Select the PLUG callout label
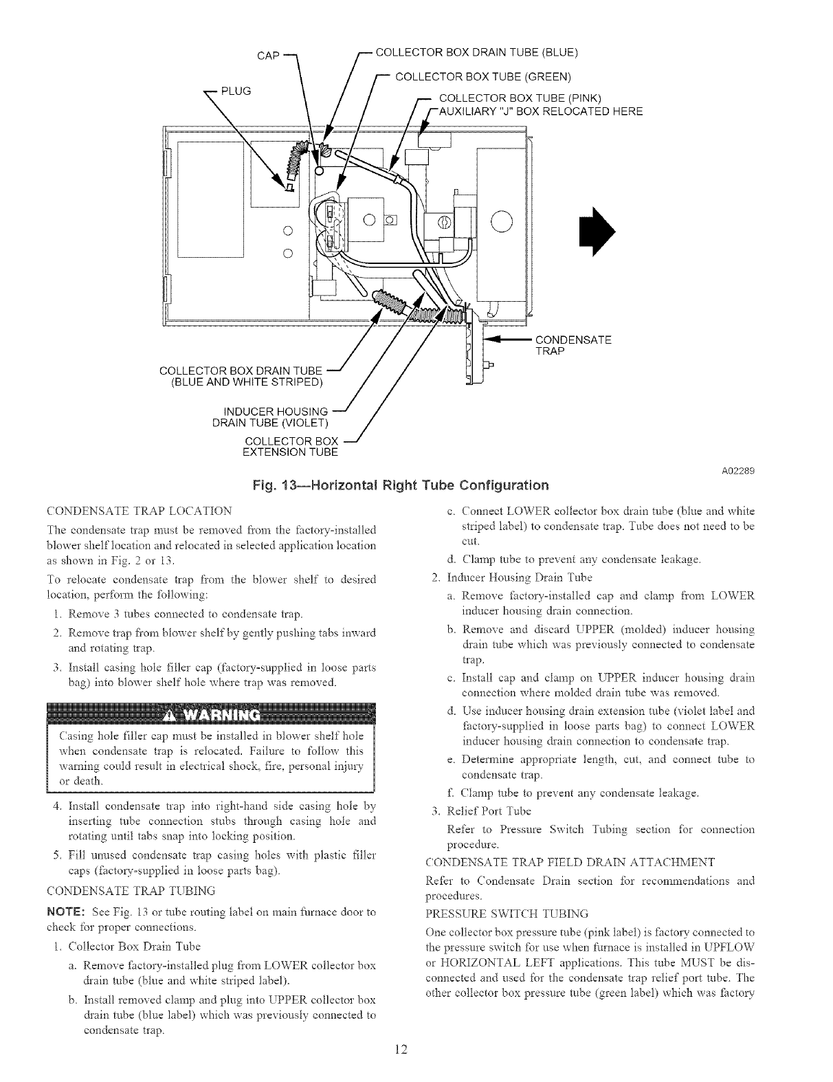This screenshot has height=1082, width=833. [235, 90]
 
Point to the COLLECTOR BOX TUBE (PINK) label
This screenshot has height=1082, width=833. [520, 96]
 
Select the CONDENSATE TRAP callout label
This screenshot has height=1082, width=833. [573, 345]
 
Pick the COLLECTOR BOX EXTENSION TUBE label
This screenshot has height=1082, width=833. [291, 446]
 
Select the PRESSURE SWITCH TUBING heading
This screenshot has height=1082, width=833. [507, 914]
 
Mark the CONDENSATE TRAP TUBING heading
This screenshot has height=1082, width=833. [130, 891]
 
